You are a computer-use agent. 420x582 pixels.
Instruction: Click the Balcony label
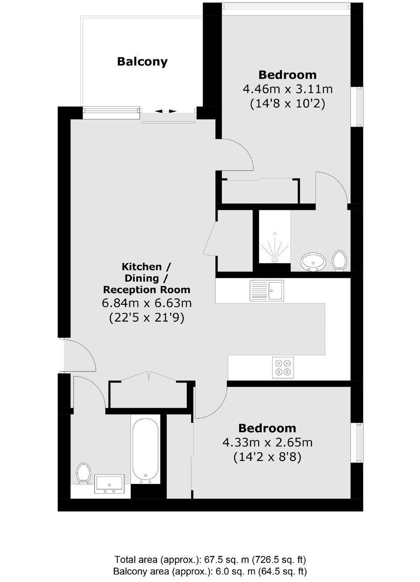[x=142, y=62]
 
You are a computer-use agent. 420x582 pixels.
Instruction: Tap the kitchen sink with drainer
[x=267, y=290]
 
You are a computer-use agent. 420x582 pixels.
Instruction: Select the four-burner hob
[x=283, y=367]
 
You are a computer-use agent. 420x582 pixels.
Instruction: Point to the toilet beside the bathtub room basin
[x=83, y=473]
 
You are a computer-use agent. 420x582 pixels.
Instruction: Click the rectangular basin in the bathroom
[x=109, y=484]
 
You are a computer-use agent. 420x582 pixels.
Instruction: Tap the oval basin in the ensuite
[x=313, y=261]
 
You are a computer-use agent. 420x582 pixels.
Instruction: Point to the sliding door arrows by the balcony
[x=166, y=111]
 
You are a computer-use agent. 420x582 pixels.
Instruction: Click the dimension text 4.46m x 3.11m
[x=288, y=89]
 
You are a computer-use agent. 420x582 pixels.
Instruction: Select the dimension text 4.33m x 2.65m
[x=267, y=442]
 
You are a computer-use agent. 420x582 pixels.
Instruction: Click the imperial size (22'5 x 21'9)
[x=147, y=318]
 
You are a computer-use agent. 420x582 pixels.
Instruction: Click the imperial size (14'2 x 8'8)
[x=267, y=457]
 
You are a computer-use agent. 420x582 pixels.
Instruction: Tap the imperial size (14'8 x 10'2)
[x=288, y=104]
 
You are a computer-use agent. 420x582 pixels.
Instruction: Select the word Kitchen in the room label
[x=142, y=267]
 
